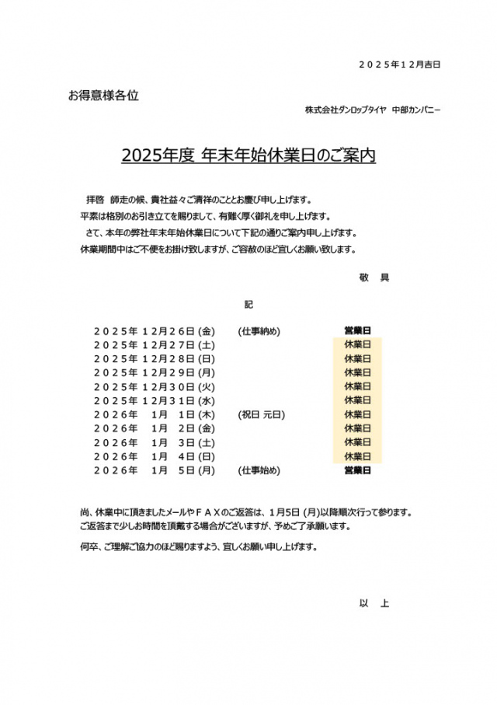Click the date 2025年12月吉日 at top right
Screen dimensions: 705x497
[x=399, y=65]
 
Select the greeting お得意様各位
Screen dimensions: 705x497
[x=103, y=96]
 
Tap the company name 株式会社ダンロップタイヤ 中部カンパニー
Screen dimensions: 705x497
[x=373, y=110]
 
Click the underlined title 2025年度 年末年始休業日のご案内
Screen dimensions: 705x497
[x=248, y=155]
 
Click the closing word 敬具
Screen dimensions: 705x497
[x=374, y=277]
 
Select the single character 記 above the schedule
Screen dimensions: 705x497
[x=248, y=304]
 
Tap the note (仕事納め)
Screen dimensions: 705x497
[x=259, y=331]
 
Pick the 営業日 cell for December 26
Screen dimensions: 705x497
[x=357, y=331]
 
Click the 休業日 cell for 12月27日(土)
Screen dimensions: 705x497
[x=357, y=344]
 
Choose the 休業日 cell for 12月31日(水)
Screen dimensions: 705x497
[x=357, y=400]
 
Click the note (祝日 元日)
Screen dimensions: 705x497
[x=262, y=414]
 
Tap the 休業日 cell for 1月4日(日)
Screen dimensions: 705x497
[x=357, y=456]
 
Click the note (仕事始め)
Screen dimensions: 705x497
[x=259, y=470]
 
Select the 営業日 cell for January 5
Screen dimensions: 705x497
[x=357, y=470]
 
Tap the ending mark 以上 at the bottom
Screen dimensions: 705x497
[x=374, y=603]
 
